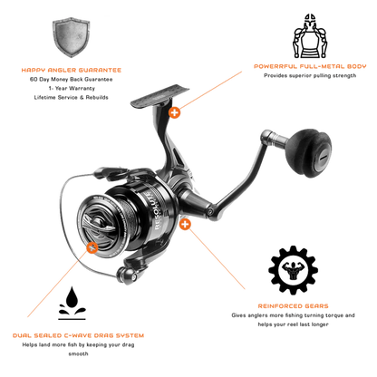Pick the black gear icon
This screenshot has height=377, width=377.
tap(292, 269)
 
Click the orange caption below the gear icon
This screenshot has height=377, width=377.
tap(292, 307)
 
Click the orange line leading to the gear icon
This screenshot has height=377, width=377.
tap(217, 258)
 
